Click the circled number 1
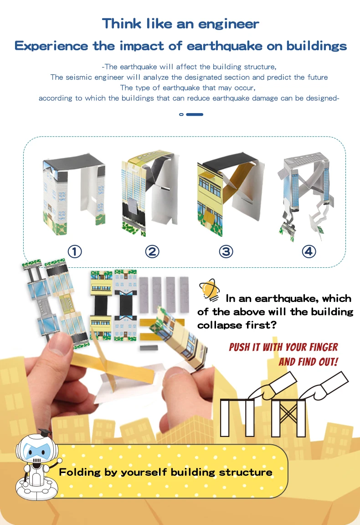click(x=75, y=251)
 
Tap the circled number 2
click(x=152, y=251)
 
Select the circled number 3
click(x=226, y=251)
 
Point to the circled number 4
click(x=309, y=251)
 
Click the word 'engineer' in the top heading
click(x=228, y=24)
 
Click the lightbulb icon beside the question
click(x=210, y=290)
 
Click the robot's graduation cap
click(x=45, y=432)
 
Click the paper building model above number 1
click(x=74, y=193)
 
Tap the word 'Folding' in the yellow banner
click(x=80, y=472)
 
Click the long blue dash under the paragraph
click(x=195, y=114)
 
